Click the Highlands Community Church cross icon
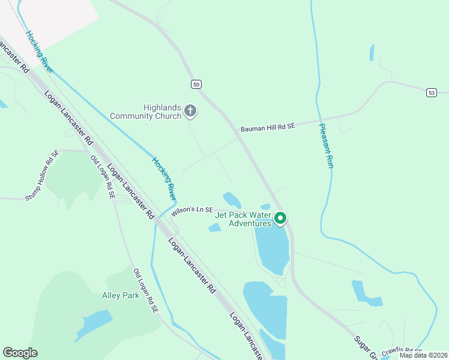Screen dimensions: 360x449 pyautogui.click(x=190, y=110)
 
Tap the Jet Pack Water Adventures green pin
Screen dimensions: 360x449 pyautogui.click(x=280, y=219)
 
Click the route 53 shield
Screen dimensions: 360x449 pyautogui.click(x=432, y=92)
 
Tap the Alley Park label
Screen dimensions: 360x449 pyautogui.click(x=121, y=295)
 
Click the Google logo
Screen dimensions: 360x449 pyautogui.click(x=20, y=352)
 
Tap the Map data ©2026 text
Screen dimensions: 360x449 pyautogui.click(x=423, y=355)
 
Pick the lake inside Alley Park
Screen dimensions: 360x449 pyautogui.click(x=94, y=323)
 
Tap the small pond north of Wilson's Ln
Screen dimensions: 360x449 pyautogui.click(x=232, y=199)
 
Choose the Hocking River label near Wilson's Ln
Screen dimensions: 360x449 pyautogui.click(x=164, y=179)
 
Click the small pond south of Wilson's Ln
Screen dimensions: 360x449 pyautogui.click(x=215, y=227)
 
